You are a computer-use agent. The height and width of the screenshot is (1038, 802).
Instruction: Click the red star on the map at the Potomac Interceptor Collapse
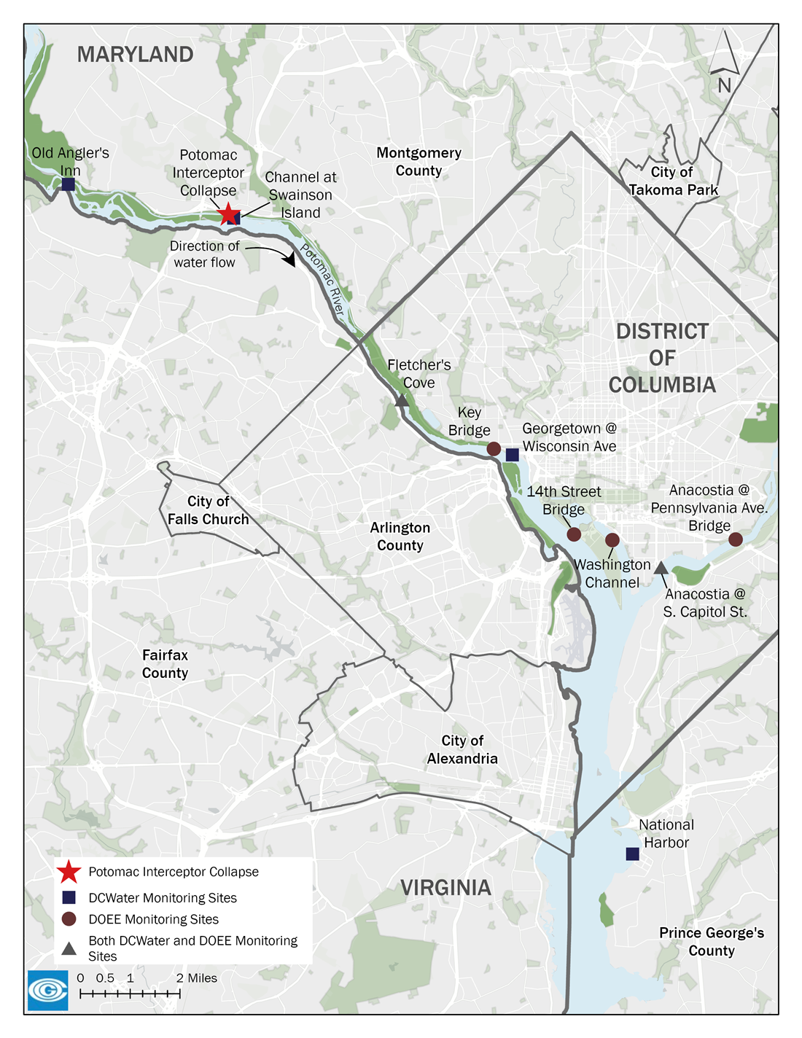tap(228, 214)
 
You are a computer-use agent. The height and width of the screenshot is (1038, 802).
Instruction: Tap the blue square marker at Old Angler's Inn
tap(68, 184)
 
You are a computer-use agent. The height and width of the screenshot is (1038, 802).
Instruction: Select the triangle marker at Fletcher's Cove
tap(401, 400)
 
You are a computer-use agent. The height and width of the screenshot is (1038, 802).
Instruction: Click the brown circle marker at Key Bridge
tap(494, 448)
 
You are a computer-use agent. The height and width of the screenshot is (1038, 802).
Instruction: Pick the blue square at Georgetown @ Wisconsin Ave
tap(513, 455)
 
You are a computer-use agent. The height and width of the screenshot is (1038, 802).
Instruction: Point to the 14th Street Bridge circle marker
tap(574, 534)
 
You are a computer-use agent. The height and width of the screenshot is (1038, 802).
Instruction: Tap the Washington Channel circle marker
tap(612, 540)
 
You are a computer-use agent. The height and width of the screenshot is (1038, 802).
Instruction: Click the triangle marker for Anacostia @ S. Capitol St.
tap(661, 567)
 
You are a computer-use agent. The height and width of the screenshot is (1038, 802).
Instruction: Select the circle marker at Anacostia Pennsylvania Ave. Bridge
tap(736, 539)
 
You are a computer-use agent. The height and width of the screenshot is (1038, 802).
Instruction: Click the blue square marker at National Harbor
tap(633, 854)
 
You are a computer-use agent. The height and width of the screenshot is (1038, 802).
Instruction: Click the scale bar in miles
tap(130, 993)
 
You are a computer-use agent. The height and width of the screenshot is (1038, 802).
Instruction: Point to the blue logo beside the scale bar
tap(48, 990)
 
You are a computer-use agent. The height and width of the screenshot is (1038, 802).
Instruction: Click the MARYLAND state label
tap(136, 55)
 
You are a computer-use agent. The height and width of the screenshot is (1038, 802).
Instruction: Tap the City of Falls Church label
tap(209, 510)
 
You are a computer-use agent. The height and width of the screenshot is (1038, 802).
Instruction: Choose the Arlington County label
tap(400, 536)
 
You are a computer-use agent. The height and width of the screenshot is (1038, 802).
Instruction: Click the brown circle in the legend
tap(69, 919)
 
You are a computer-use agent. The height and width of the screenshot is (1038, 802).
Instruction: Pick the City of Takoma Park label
tap(673, 181)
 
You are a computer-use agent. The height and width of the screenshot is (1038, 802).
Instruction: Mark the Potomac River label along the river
tap(322, 280)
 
